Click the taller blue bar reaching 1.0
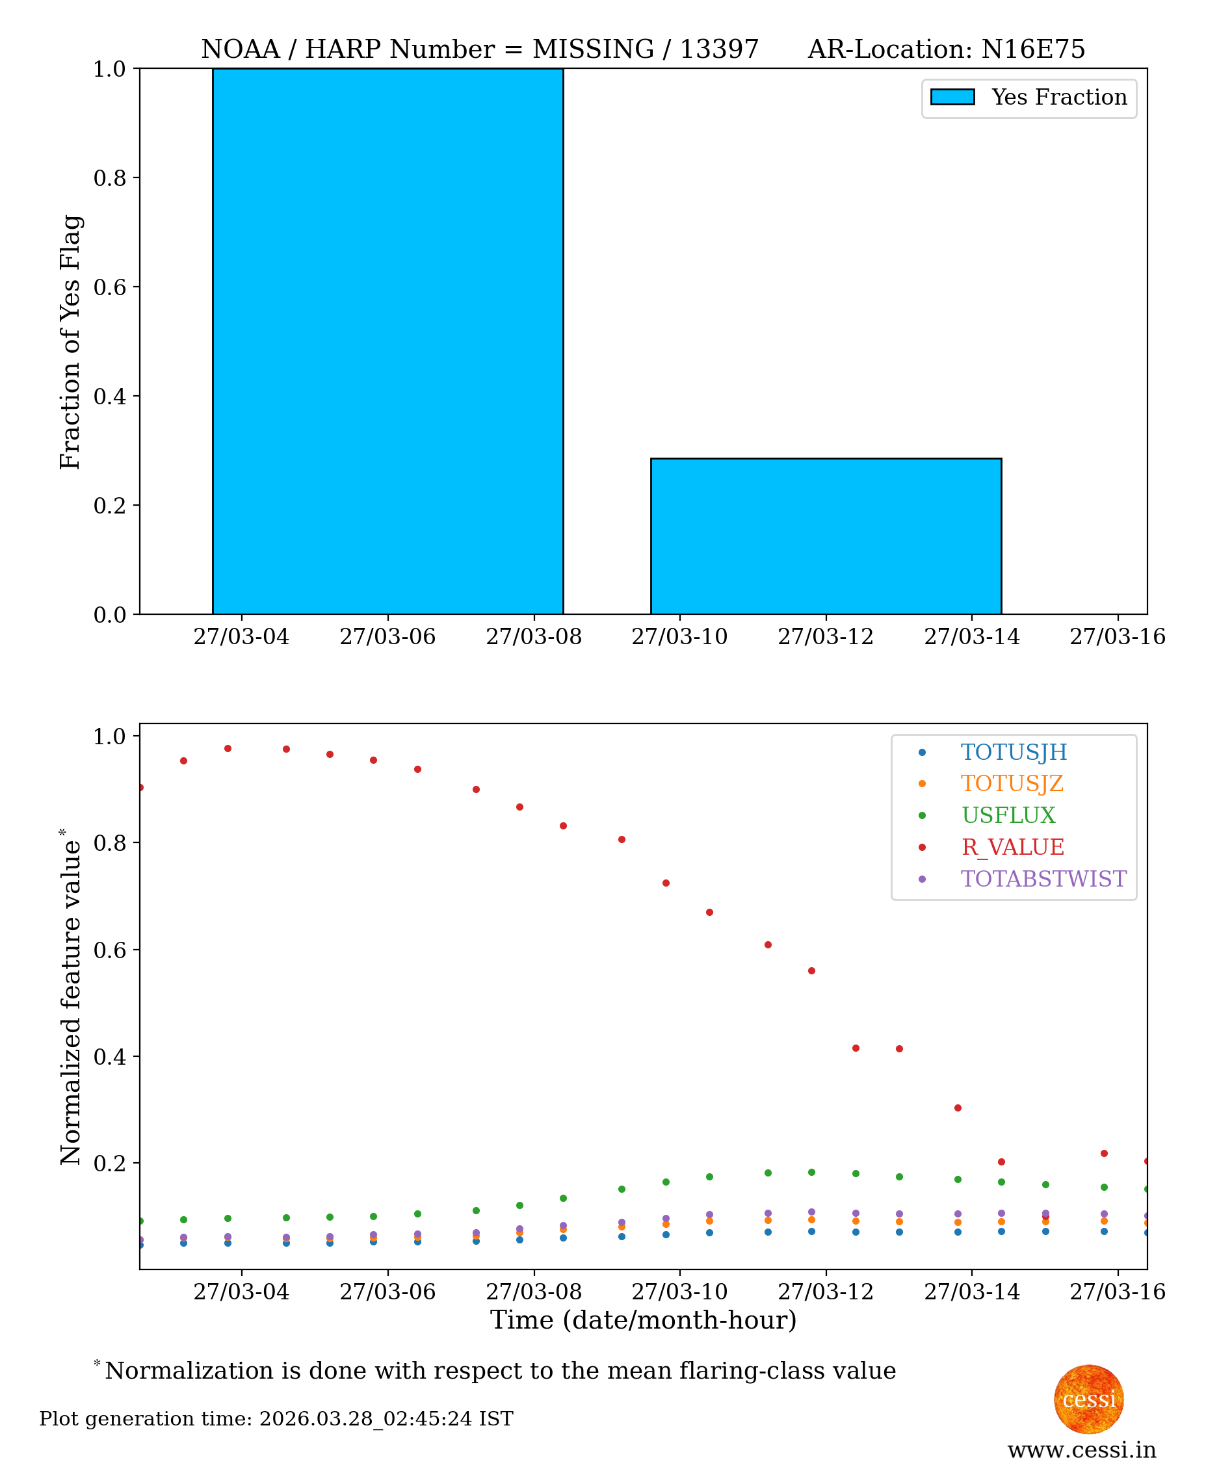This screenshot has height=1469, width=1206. click(x=387, y=341)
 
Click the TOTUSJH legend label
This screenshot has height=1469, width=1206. click(x=1014, y=752)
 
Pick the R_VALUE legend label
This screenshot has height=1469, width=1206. click(x=1012, y=848)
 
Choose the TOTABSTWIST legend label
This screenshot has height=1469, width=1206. click(x=1043, y=879)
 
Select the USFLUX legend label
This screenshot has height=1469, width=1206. click(x=1008, y=815)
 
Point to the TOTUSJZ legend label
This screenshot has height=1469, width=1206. click(x=1012, y=783)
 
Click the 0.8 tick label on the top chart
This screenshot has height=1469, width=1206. click(x=110, y=178)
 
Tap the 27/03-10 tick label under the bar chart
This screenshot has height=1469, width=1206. click(x=679, y=636)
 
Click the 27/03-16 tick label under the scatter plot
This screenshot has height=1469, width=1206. click(x=1117, y=1292)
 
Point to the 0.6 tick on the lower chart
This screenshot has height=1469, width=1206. click(x=110, y=950)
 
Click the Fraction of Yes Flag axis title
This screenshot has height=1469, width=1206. click(x=70, y=342)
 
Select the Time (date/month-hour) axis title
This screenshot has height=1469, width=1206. click(x=642, y=1320)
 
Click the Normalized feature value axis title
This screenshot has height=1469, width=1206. click(x=70, y=996)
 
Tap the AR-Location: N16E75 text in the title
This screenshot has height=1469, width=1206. click(x=945, y=49)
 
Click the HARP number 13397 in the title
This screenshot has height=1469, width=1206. click(x=718, y=49)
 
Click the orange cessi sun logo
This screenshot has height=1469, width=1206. click(x=1088, y=1399)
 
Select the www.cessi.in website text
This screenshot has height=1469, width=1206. click(x=1082, y=1450)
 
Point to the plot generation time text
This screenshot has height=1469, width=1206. click(x=276, y=1419)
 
